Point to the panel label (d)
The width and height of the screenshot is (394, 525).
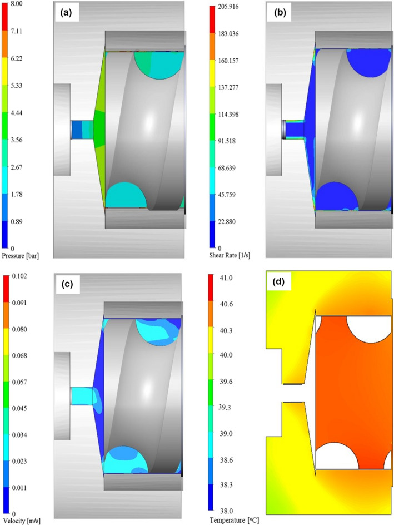(278, 282)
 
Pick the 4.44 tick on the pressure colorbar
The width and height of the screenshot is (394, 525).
(17, 113)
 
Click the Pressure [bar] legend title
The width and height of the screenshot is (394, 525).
(21, 256)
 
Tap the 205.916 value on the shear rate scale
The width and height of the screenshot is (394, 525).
(228, 7)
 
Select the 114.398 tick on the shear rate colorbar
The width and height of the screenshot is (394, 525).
(228, 115)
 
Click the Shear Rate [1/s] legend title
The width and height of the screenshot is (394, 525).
(230, 255)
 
